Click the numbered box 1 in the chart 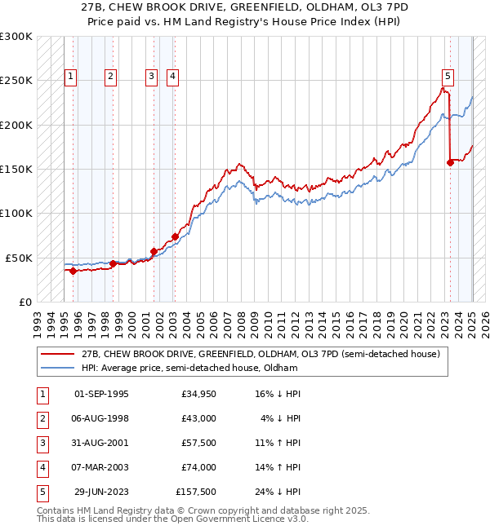(x=71, y=77)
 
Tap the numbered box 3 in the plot (x=152, y=77)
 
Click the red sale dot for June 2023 (x=450, y=163)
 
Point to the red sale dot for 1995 (x=73, y=271)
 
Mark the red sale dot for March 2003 (x=175, y=236)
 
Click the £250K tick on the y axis (x=17, y=81)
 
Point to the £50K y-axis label (x=20, y=258)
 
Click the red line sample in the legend (x=57, y=354)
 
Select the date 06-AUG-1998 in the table (x=101, y=418)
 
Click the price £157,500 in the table (x=196, y=492)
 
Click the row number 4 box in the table (x=42, y=467)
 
